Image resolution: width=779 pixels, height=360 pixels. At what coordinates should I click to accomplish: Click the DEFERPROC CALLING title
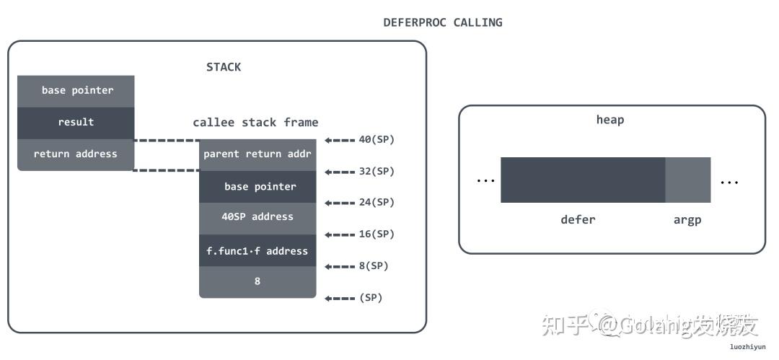pyautogui.click(x=442, y=22)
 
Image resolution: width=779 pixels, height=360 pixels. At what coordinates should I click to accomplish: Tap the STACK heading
pyautogui.click(x=224, y=67)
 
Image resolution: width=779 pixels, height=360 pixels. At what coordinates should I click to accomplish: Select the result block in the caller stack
pyautogui.click(x=76, y=123)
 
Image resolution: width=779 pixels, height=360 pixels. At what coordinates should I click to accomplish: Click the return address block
pyautogui.click(x=76, y=154)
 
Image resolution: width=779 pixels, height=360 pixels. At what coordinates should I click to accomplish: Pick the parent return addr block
pyautogui.click(x=258, y=154)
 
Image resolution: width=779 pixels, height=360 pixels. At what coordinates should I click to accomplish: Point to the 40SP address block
pyautogui.click(x=258, y=216)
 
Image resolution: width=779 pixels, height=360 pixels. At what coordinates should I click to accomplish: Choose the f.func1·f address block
pyautogui.click(x=258, y=251)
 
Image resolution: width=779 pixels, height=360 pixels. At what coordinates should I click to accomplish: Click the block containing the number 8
pyautogui.click(x=258, y=281)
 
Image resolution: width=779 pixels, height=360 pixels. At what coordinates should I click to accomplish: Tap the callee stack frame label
pyautogui.click(x=255, y=122)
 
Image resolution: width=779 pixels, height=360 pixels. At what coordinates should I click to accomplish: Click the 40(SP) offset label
pyautogui.click(x=377, y=140)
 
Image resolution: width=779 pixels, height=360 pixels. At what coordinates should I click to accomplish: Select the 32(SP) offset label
pyautogui.click(x=377, y=172)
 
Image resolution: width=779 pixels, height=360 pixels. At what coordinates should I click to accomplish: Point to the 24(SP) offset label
pyautogui.click(x=377, y=203)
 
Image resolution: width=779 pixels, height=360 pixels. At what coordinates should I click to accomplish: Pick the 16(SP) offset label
pyautogui.click(x=377, y=234)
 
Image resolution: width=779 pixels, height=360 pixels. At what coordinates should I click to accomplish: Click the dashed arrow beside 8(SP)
pyautogui.click(x=340, y=266)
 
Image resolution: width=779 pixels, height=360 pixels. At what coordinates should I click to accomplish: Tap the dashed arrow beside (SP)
pyautogui.click(x=340, y=298)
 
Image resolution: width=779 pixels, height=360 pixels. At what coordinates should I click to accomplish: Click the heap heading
pyautogui.click(x=610, y=120)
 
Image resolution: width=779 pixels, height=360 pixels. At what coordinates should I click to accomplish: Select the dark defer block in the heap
pyautogui.click(x=582, y=180)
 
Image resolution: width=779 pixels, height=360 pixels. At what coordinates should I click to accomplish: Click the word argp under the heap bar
pyautogui.click(x=687, y=220)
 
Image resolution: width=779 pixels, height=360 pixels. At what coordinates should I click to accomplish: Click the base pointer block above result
pyautogui.click(x=76, y=91)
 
